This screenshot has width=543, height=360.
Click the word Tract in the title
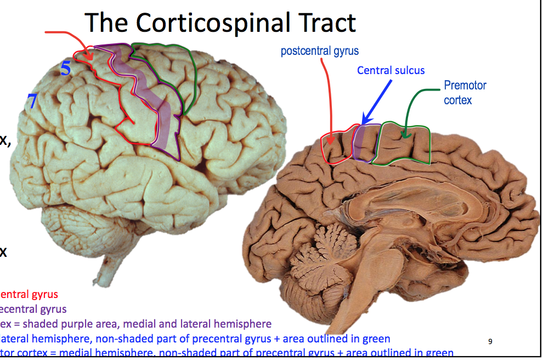point(324,23)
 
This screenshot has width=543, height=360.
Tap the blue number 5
point(66,69)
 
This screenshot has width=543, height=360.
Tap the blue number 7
point(32,100)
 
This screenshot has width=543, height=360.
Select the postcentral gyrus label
point(319,52)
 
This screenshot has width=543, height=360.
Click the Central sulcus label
point(391,70)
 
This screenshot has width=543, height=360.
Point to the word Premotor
point(465,85)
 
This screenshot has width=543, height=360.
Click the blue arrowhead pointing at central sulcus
point(365,121)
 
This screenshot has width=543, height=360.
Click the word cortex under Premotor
point(457,100)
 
